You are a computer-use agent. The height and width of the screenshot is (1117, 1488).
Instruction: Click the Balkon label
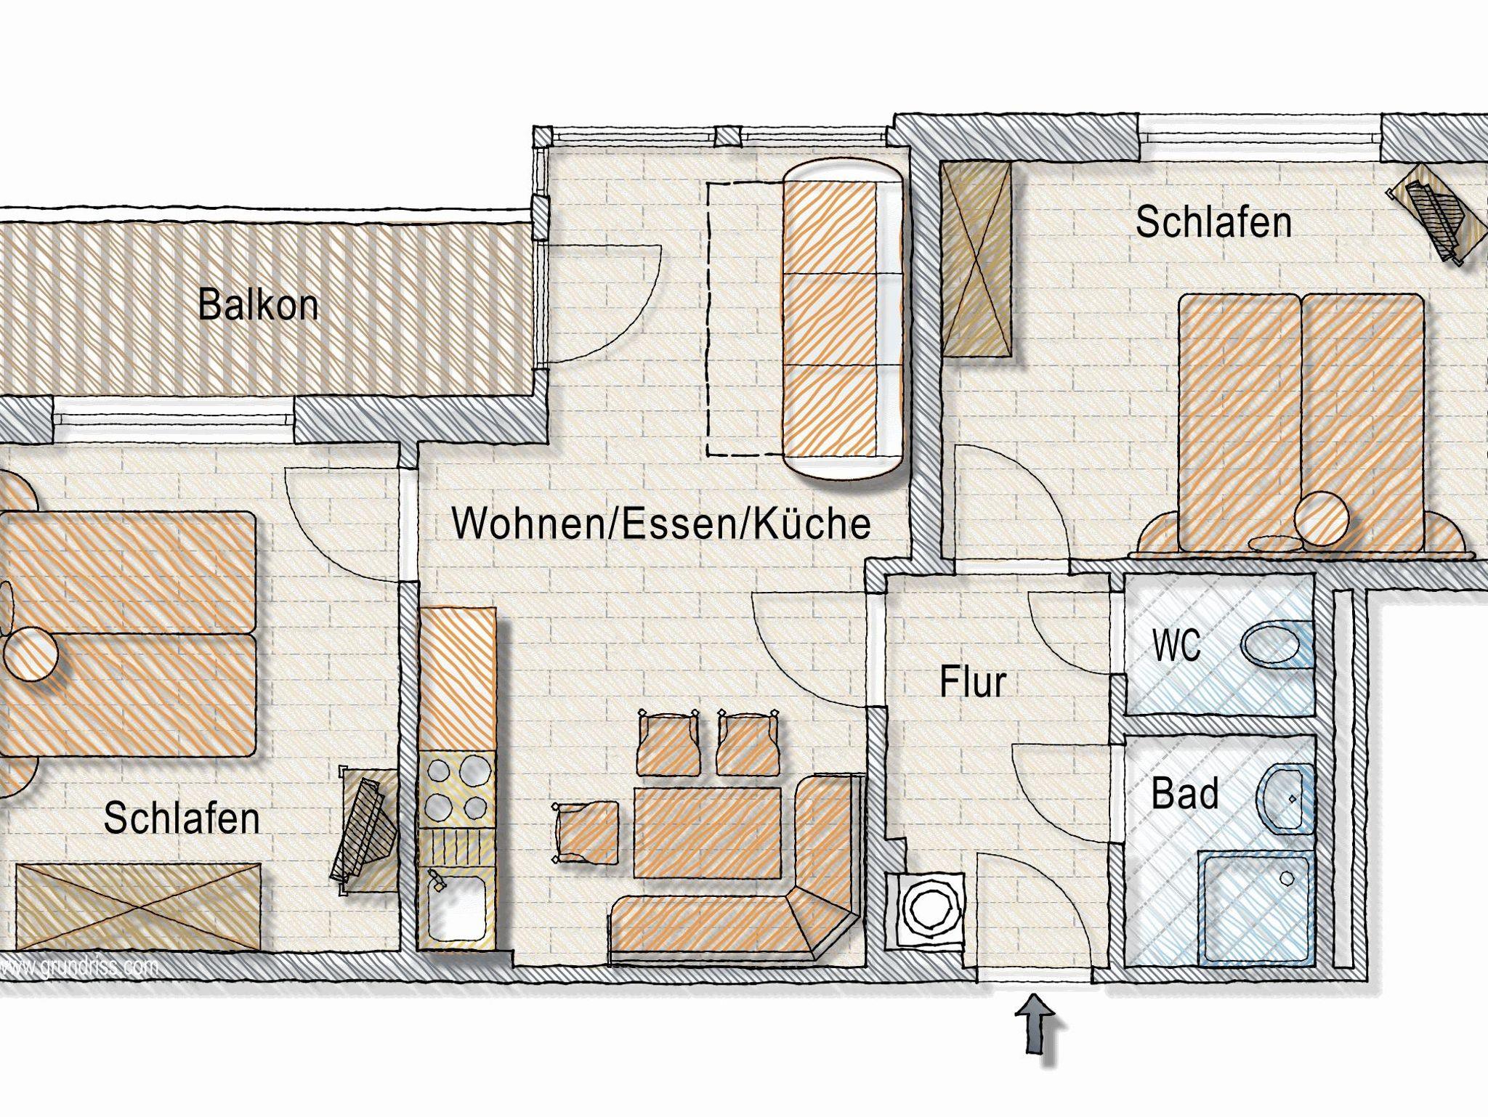258,305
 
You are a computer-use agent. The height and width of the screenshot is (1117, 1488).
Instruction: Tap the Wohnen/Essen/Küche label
661,523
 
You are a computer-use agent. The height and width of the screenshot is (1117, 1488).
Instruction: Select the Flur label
973,682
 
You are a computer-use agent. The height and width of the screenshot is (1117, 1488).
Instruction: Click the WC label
1177,644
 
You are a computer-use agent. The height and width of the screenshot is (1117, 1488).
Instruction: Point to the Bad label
1185,794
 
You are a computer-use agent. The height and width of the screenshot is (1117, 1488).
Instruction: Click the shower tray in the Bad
1255,908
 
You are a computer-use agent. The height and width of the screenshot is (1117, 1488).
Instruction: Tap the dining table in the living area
708,833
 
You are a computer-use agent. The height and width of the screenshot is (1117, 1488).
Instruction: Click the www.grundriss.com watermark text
80,967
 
